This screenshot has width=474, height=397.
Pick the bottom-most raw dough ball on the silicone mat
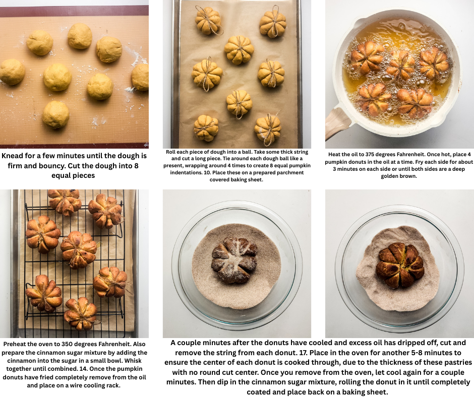point(55,114)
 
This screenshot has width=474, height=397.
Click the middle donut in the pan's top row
point(400,64)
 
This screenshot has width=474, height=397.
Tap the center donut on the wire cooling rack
point(79,249)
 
